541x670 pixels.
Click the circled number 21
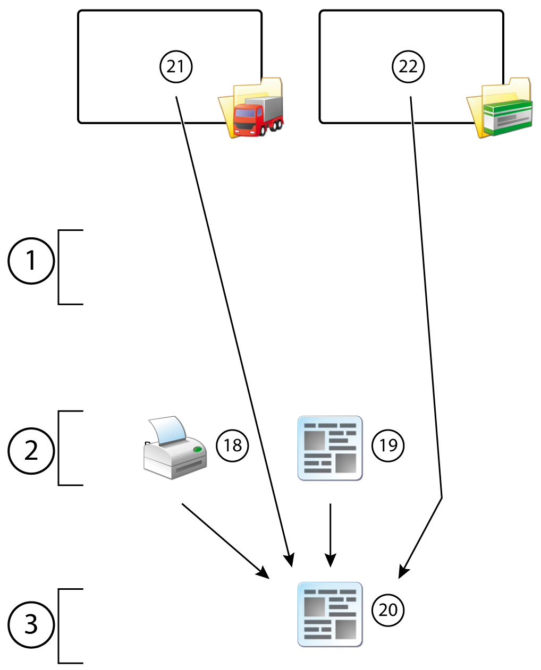pos(176,66)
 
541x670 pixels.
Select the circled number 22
pos(408,66)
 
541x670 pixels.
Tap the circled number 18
pos(233,445)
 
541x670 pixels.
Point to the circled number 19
pos(388,445)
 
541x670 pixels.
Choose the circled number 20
pos(388,609)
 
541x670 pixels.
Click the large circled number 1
pos(31,261)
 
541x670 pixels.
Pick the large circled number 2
pos(31,451)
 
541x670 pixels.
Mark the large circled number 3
pos(31,624)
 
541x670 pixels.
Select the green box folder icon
pos(500,109)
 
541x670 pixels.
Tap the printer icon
pos(175,449)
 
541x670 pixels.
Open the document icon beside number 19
pos(330,448)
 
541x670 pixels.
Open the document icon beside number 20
pos(330,614)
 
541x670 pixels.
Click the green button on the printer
pos(198,450)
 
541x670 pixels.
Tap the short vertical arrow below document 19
pos(331,534)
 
